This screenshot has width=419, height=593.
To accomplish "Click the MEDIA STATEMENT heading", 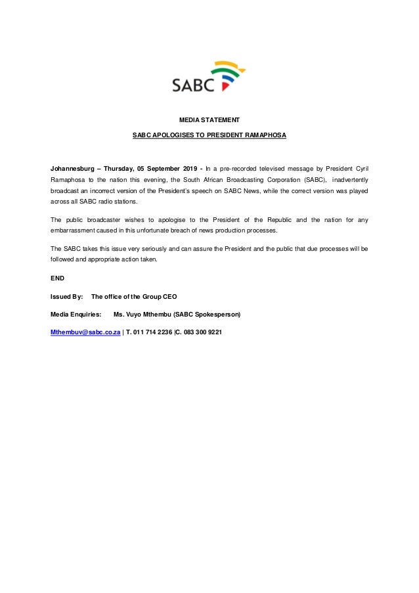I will click(209, 120).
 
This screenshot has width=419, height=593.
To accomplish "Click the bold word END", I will click(58, 278).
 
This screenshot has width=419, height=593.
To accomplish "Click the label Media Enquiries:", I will click(76, 315).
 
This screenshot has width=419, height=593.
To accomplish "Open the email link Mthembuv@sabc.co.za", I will click(85, 332).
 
